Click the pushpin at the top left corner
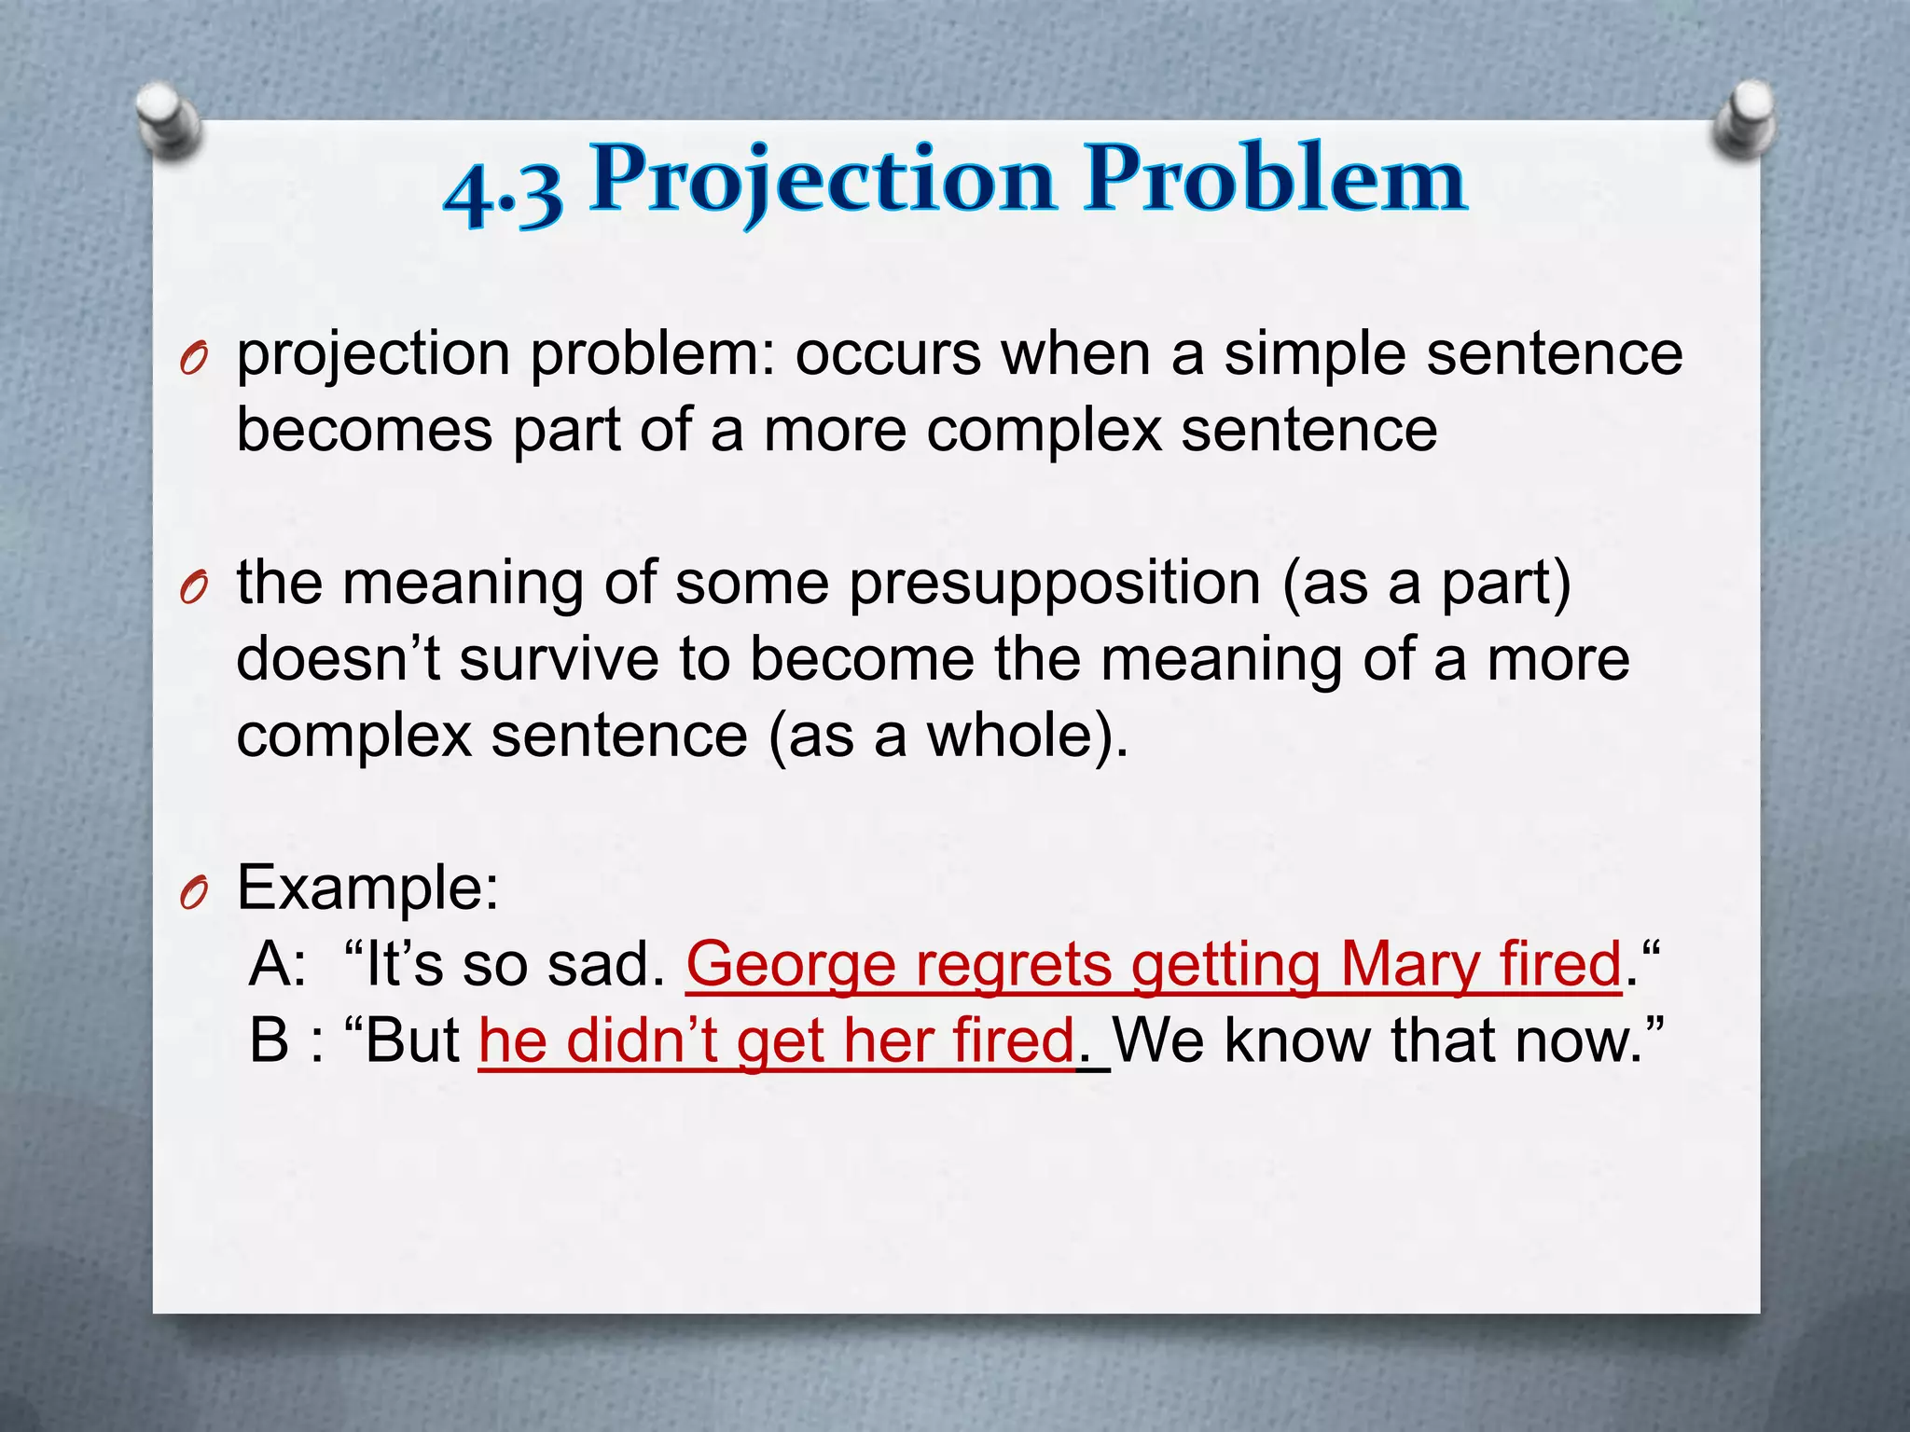pyautogui.click(x=167, y=122)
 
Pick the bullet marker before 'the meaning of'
pyautogui.click(x=193, y=589)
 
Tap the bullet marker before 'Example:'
pyautogui.click(x=193, y=894)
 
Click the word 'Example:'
pyautogui.click(x=367, y=888)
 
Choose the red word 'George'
pyautogui.click(x=790, y=965)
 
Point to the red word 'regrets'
pyautogui.click(x=1013, y=965)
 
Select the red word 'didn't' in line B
pyautogui.click(x=642, y=1041)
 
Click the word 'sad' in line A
pyautogui.click(x=605, y=965)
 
